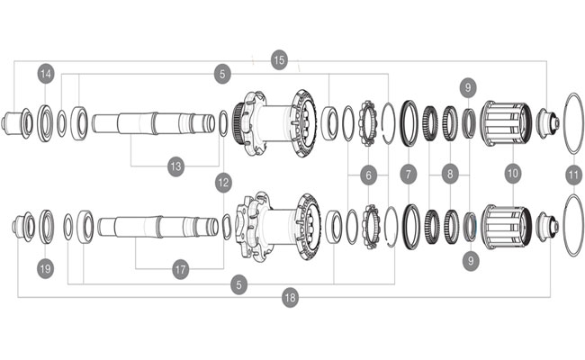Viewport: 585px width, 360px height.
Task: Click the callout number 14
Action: (x=46, y=72)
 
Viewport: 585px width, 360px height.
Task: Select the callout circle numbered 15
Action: (x=279, y=59)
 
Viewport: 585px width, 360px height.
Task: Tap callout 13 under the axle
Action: (x=176, y=166)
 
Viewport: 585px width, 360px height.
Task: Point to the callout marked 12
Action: (x=223, y=182)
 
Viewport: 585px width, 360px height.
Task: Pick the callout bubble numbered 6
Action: (x=367, y=172)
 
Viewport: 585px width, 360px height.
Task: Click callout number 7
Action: (x=409, y=172)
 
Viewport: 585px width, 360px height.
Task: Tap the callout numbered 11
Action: (x=573, y=172)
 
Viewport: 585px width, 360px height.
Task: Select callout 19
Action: (x=46, y=267)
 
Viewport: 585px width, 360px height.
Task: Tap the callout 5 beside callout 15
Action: (x=223, y=72)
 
